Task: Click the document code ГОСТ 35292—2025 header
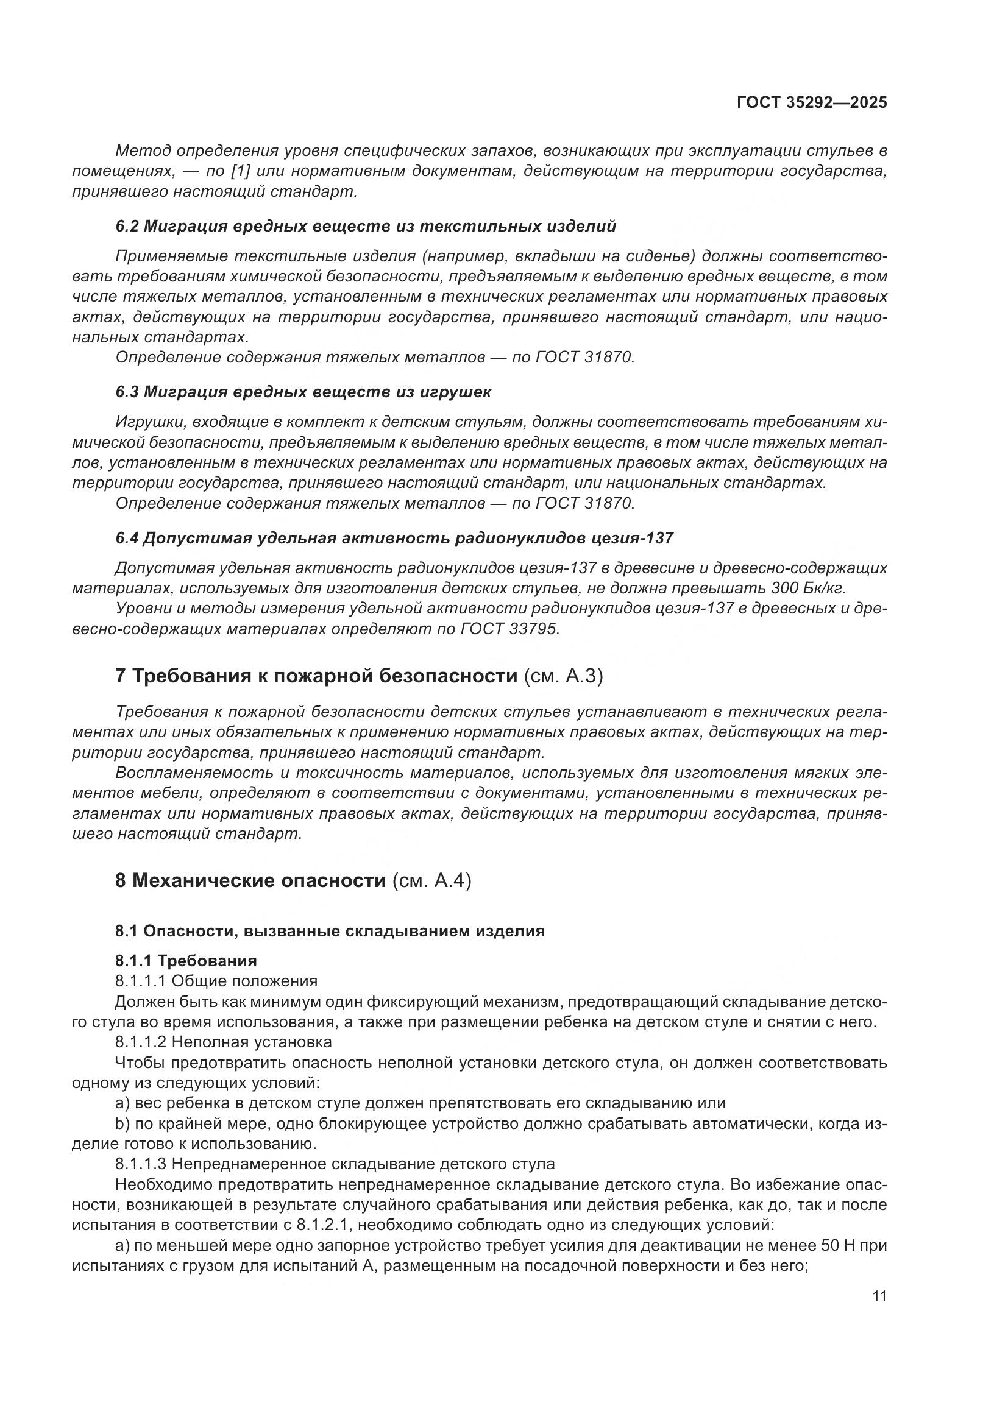pos(812,103)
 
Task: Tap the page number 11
pos(879,1296)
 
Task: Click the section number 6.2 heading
pos(127,227)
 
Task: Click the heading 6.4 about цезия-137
pos(394,537)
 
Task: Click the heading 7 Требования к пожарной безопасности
pos(316,676)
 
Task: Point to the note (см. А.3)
pos(563,676)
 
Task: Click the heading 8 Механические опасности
pos(250,880)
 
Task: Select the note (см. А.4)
pos(431,880)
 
